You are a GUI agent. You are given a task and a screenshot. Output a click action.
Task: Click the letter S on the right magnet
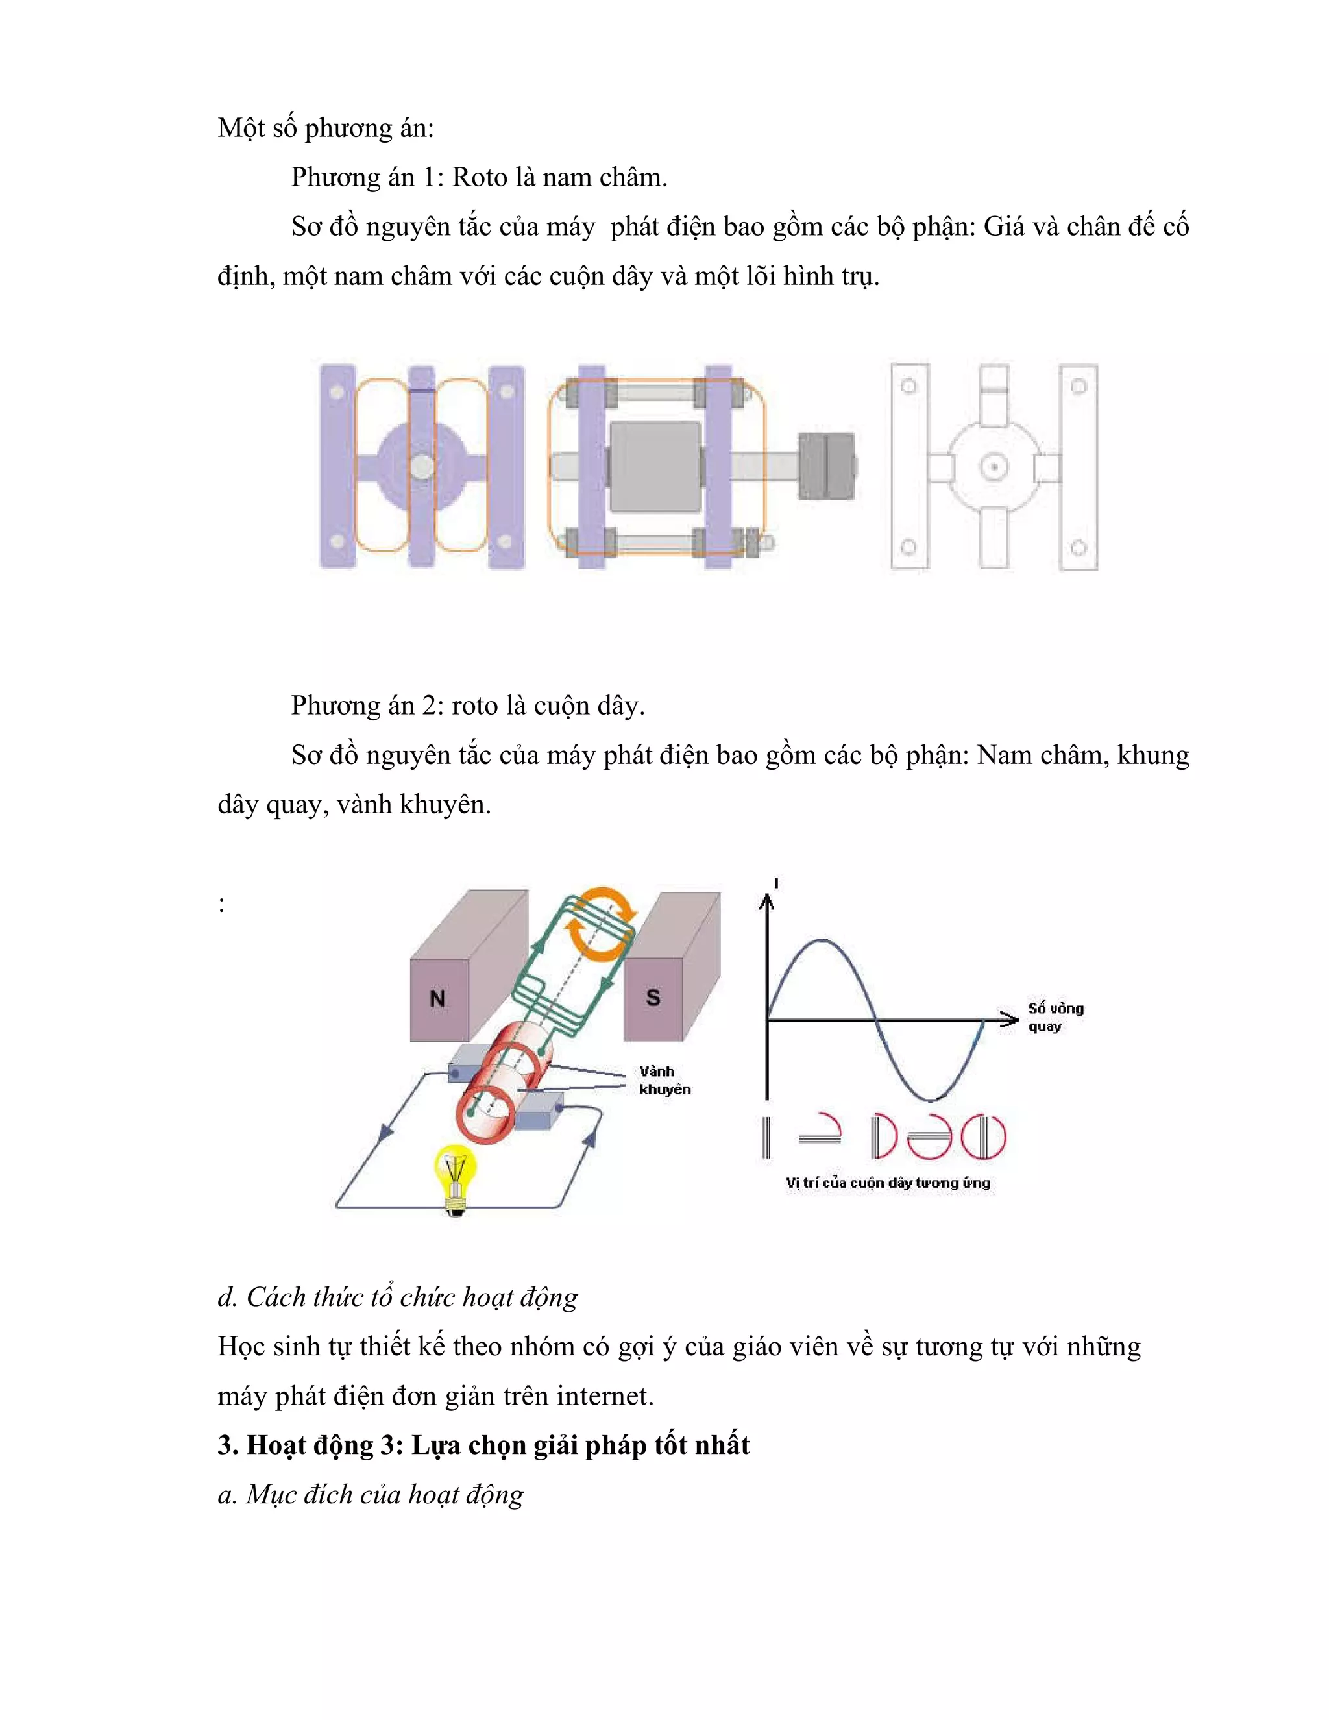click(653, 998)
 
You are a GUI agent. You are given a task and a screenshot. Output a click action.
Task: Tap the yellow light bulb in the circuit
click(455, 1173)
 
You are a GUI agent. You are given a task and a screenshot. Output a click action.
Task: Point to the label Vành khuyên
click(664, 1080)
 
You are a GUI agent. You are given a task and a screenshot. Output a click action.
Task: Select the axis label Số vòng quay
click(1055, 1016)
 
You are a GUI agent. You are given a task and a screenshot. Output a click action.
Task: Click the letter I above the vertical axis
click(776, 883)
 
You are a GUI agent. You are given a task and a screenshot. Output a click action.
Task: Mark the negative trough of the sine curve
click(931, 1100)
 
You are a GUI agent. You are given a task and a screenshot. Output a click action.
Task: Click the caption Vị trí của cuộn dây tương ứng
click(887, 1183)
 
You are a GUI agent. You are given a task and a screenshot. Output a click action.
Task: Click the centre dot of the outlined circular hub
click(994, 467)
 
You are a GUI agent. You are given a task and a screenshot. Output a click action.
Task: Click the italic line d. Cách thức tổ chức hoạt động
click(398, 1296)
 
